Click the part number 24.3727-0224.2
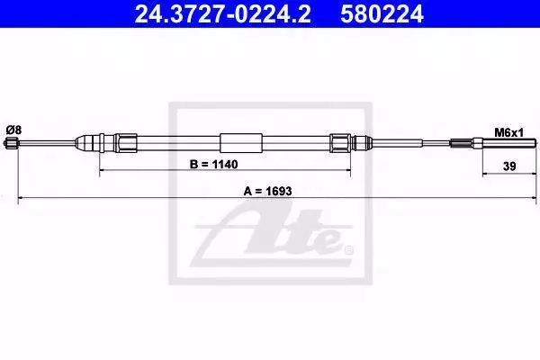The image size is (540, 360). (222, 14)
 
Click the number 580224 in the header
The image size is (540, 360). (382, 14)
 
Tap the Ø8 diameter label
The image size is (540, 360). (13, 130)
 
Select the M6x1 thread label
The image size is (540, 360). (508, 132)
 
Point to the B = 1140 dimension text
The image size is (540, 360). (213, 165)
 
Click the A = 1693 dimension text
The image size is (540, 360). (267, 191)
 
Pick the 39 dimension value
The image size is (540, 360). (509, 166)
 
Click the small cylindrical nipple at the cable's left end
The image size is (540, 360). (10, 142)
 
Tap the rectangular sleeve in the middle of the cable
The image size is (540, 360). (241, 143)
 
